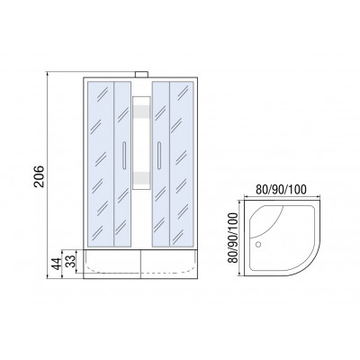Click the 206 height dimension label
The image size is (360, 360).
40,176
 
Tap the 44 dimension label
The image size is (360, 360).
56,264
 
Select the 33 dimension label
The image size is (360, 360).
71,261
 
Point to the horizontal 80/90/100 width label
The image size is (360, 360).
281,189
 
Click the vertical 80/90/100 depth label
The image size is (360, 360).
233,238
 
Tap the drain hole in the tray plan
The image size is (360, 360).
258,245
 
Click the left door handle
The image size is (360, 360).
124,156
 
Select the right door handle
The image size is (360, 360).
159,156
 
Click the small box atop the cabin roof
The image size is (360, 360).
141,75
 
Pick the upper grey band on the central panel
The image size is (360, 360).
141,112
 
